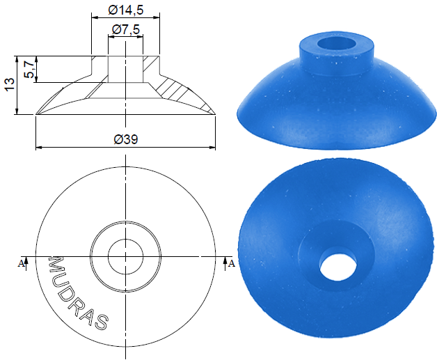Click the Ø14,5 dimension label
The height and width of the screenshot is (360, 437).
tap(126, 10)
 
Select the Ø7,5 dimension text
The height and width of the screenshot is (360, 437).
tap(126, 29)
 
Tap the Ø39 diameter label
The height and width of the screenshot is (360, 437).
tap(126, 139)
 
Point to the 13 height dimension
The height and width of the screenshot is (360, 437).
tap(9, 84)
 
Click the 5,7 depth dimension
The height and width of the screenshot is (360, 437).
tap(29, 70)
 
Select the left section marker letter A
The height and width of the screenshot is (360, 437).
tap(21, 263)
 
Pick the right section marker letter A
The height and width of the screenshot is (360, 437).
tap(232, 263)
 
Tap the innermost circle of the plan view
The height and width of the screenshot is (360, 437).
tap(126, 239)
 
